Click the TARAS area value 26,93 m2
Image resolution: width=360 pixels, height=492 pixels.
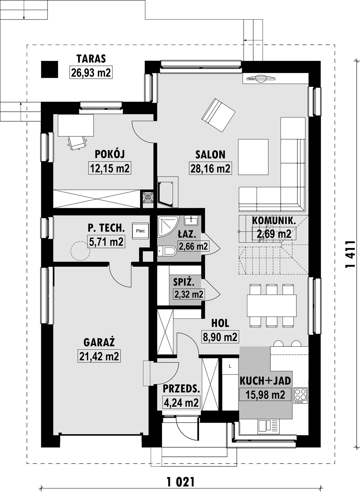[x=91, y=72]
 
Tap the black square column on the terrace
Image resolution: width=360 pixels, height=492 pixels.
[x=49, y=69]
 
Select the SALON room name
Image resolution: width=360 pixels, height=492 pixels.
[x=210, y=154]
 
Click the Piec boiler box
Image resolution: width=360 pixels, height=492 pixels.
[x=140, y=231]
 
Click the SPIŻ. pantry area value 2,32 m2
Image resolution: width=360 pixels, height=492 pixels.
[x=189, y=294]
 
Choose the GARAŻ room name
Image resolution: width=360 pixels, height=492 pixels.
[x=99, y=342]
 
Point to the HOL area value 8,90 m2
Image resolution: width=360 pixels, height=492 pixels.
[x=220, y=337]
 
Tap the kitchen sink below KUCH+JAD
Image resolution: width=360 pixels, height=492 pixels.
[x=269, y=427]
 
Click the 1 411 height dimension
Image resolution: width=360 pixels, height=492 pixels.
[x=350, y=254]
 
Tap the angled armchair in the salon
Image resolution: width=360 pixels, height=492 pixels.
[x=218, y=115]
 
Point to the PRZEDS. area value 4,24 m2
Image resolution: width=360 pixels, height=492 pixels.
[x=181, y=402]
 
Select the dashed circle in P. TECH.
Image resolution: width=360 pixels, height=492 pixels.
[x=80, y=251]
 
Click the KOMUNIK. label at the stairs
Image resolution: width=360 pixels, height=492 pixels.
[x=274, y=221]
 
